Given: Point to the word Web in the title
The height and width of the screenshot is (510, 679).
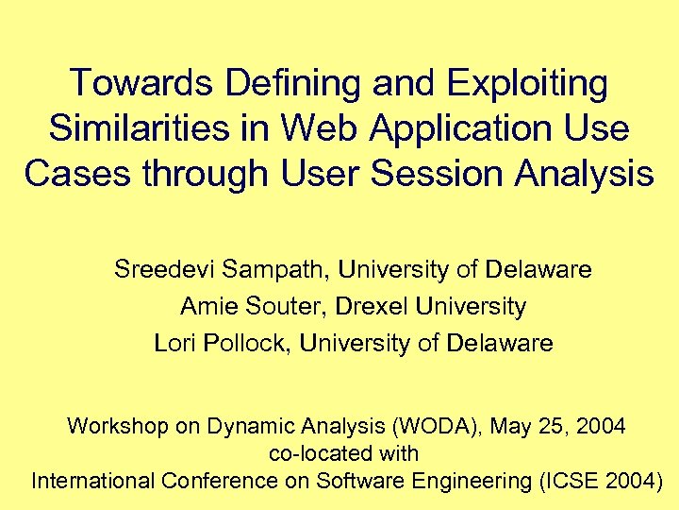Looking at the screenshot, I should pyautogui.click(x=306, y=128).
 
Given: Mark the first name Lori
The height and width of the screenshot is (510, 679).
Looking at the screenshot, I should pyautogui.click(x=174, y=344).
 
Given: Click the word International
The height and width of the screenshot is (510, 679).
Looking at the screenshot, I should pyautogui.click(x=93, y=481).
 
